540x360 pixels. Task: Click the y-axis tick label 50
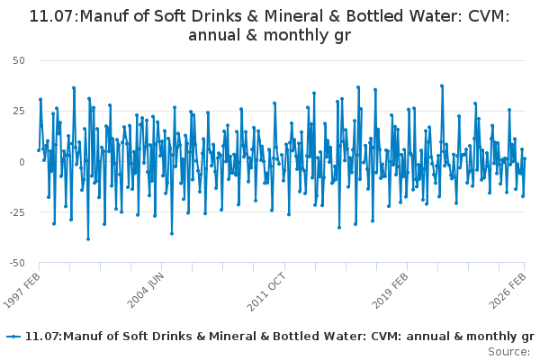click(19, 60)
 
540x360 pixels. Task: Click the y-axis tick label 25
click(19, 111)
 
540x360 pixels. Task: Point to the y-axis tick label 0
click(22, 162)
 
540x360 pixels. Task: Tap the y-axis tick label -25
click(17, 212)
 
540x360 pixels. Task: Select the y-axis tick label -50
click(17, 263)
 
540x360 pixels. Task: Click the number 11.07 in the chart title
click(55, 16)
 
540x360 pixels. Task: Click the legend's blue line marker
click(13, 336)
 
